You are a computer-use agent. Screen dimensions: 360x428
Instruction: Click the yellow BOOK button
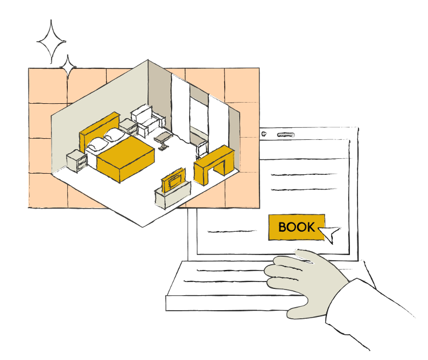pyautogui.click(x=296, y=227)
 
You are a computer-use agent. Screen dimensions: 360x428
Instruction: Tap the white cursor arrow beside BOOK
pyautogui.click(x=330, y=233)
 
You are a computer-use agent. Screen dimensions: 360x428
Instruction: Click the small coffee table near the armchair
pyautogui.click(x=164, y=138)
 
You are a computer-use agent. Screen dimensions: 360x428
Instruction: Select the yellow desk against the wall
pyautogui.click(x=213, y=163)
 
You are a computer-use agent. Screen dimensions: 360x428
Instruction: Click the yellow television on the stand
pyautogui.click(x=173, y=179)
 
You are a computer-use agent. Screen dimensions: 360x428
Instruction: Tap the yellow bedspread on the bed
pyautogui.click(x=124, y=158)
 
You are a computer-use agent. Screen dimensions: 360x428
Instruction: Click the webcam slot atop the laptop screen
pyautogui.click(x=284, y=135)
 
